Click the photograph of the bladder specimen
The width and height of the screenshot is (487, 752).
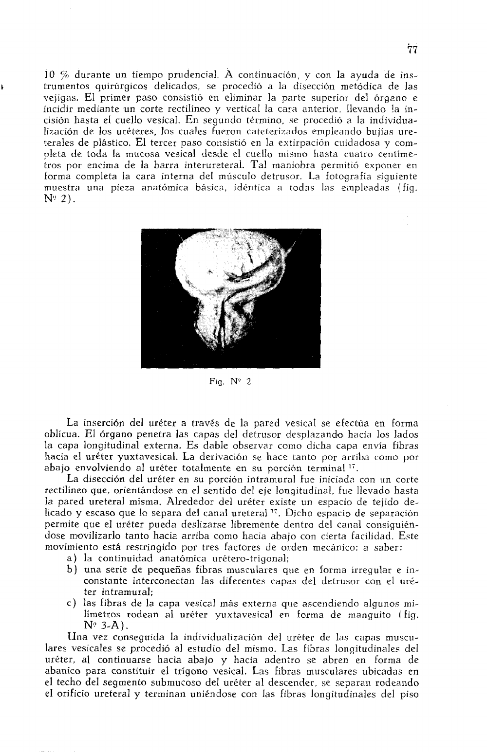tap(230, 298)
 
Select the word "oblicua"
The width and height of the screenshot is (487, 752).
tap(55, 434)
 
